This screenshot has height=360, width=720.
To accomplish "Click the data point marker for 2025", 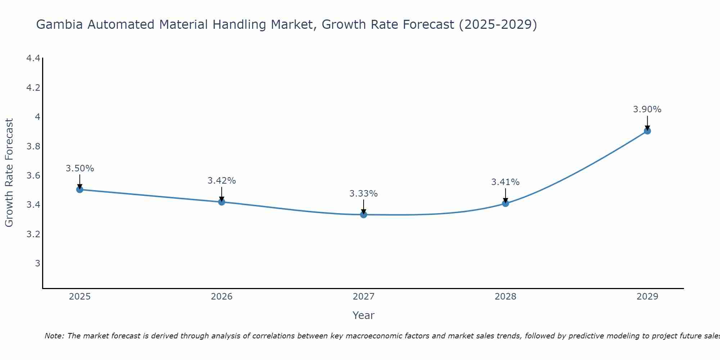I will (80, 189).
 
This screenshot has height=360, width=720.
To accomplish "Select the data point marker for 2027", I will (364, 215).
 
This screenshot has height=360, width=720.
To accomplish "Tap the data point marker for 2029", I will (647, 131).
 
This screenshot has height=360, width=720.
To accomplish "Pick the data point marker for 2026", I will (222, 202).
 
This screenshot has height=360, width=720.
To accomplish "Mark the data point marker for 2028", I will (505, 203).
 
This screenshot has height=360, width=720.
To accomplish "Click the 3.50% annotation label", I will (80, 168).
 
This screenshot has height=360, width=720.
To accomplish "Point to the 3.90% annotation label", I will (647, 109).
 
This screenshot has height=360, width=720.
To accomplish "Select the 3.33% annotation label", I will (364, 194).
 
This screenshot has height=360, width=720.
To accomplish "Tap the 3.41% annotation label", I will (505, 182).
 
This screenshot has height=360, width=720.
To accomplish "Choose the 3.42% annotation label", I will (222, 181).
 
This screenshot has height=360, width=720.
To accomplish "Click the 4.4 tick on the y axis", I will (33, 58).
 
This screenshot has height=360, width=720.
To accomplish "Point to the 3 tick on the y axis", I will (37, 264).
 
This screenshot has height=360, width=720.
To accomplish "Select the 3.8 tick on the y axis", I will (33, 147).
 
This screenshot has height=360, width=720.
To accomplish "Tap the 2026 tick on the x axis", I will (222, 297).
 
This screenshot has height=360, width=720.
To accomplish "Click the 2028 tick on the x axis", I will (505, 297).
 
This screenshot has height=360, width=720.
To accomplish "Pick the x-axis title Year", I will (364, 315).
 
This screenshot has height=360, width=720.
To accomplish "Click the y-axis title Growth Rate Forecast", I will (9, 173).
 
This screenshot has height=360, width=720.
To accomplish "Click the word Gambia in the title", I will (60, 24).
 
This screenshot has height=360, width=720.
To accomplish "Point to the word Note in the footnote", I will (54, 336).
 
